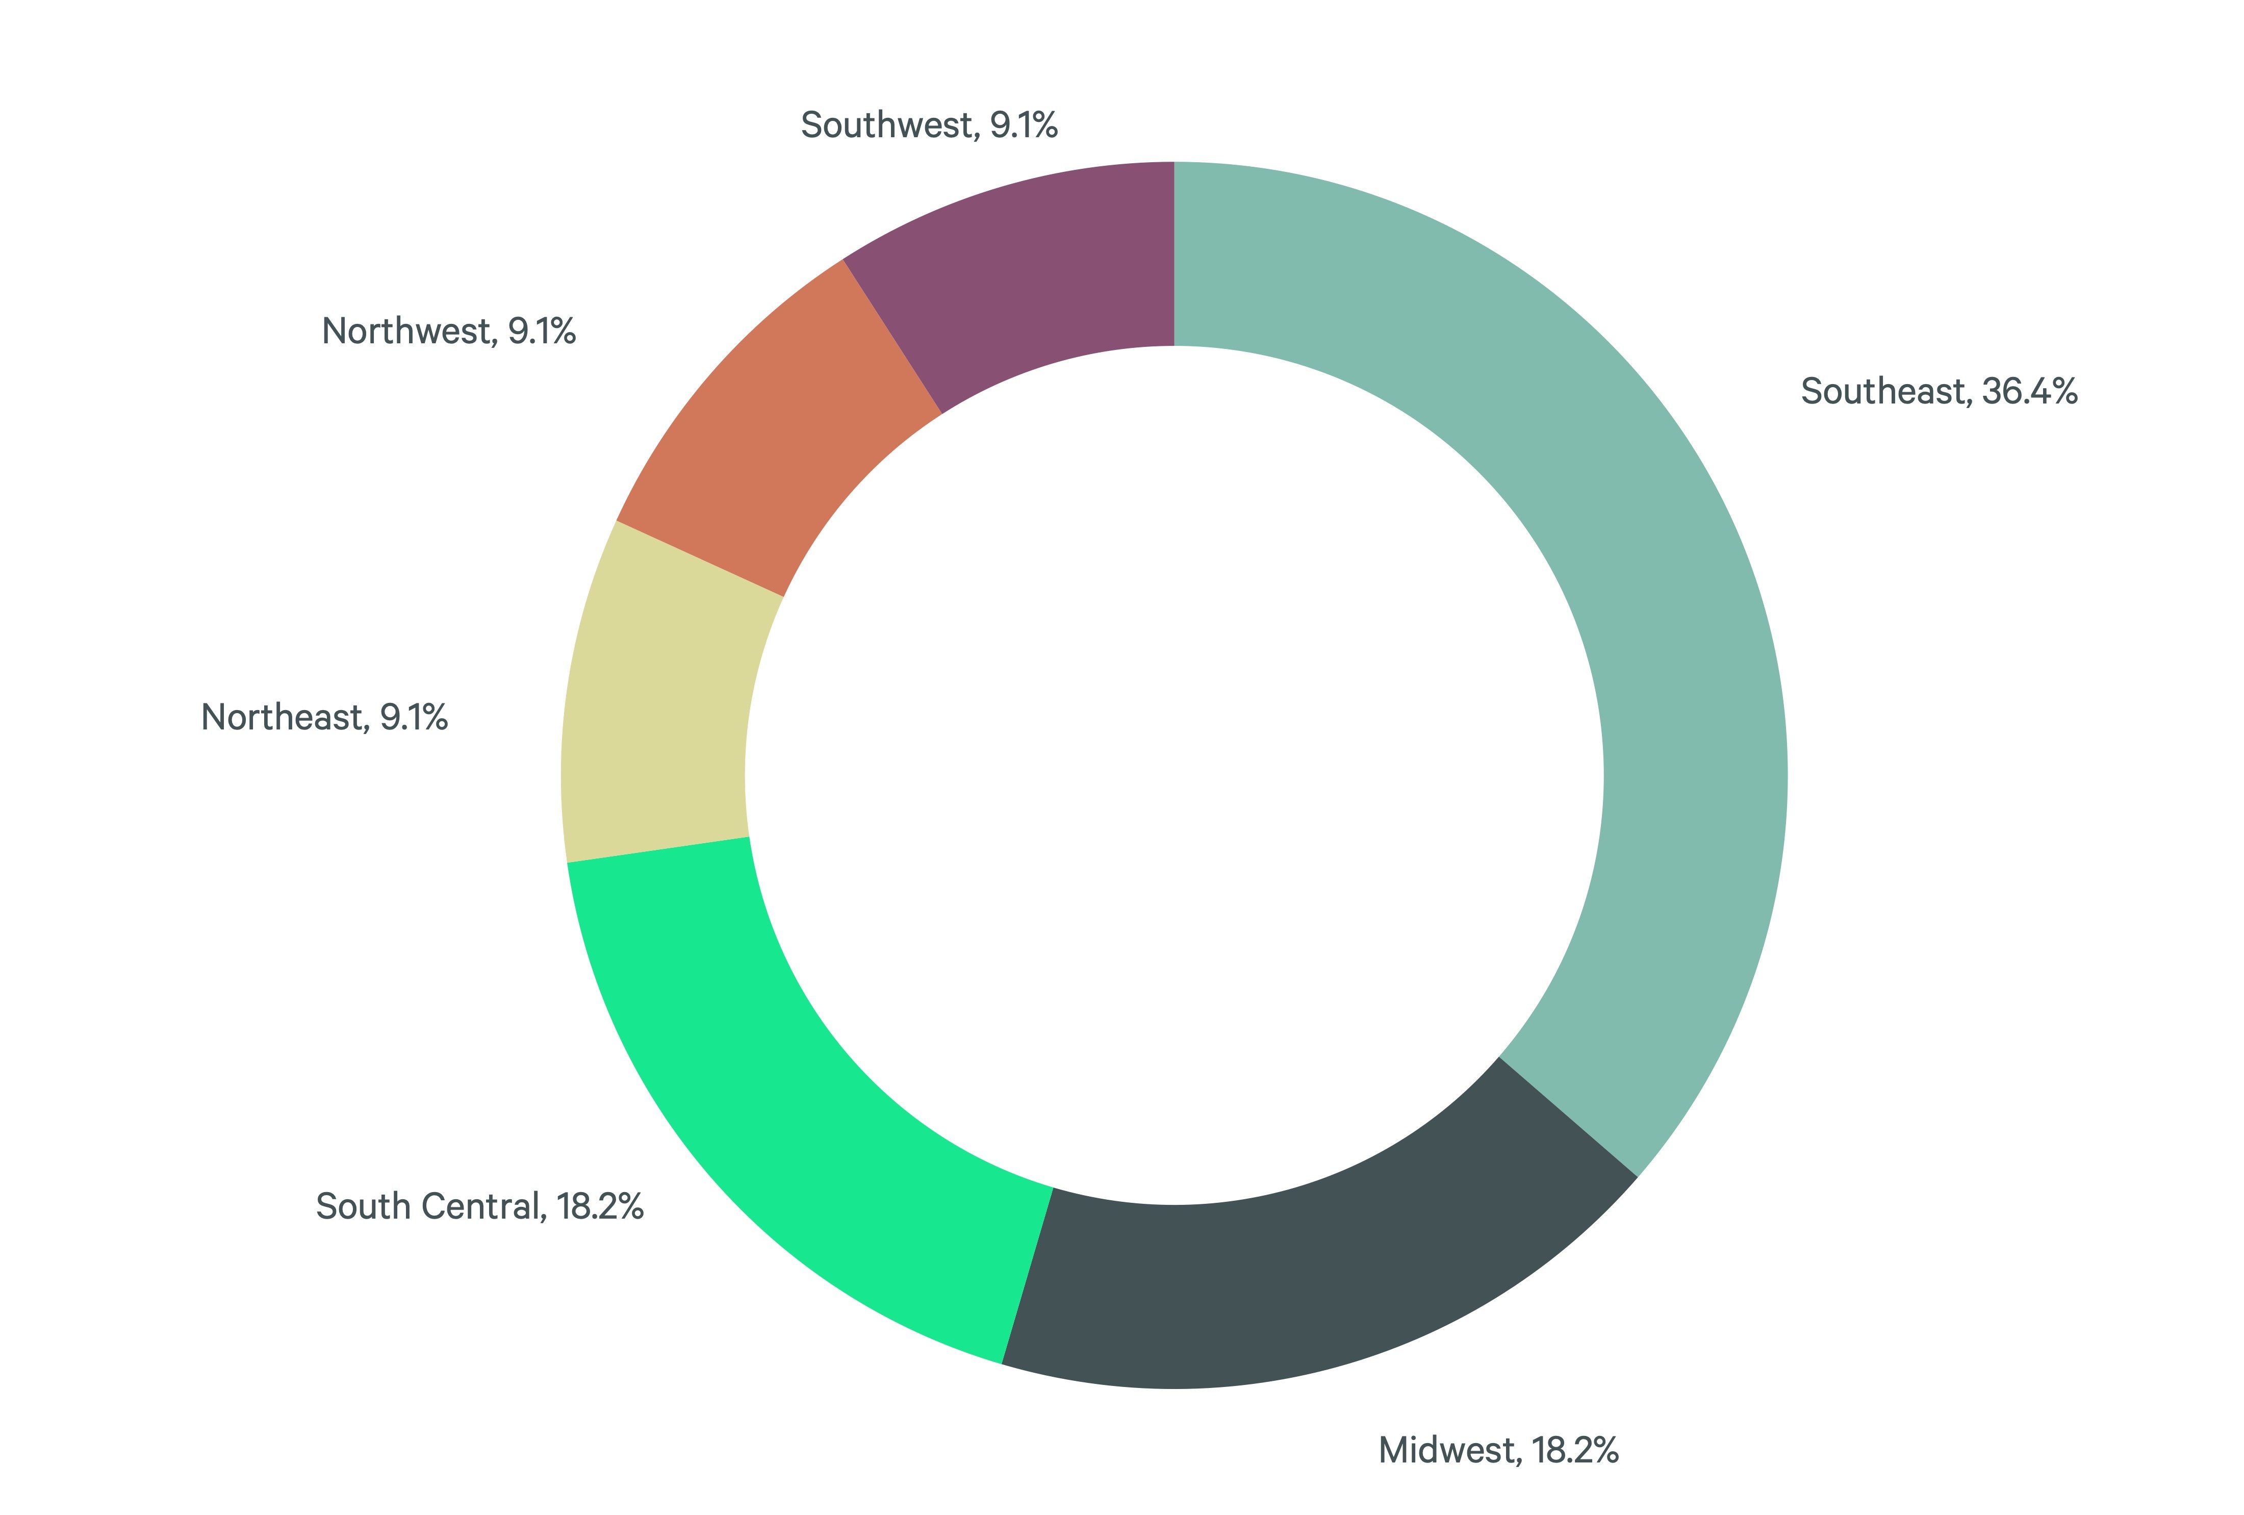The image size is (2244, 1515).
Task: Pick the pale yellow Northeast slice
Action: pos(656,715)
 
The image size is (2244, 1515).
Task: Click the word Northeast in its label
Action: pos(282,717)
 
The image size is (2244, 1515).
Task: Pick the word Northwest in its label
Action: pos(407,331)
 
